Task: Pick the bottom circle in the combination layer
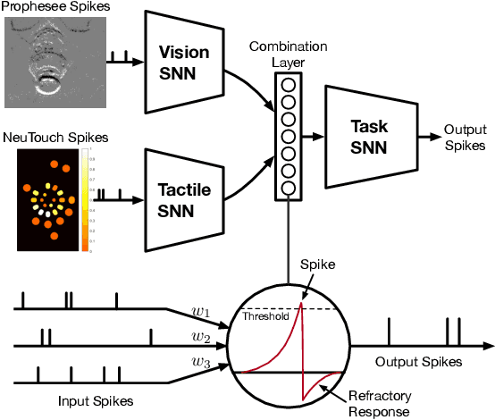pos(289,188)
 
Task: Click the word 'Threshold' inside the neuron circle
pos(265,315)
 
